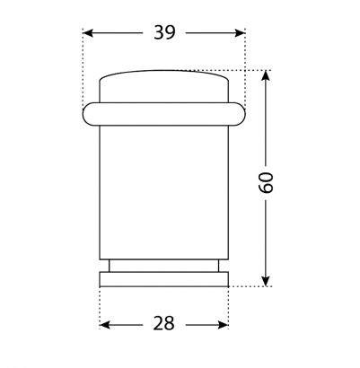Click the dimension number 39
pos(164,32)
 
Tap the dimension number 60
pos(266,182)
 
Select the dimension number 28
pos(163,323)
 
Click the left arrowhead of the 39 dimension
pos(88,33)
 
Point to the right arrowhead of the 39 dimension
pos(240,33)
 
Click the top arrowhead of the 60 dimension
pos(266,75)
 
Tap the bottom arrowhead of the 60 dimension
pos(266,281)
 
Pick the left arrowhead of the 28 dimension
pos(105,325)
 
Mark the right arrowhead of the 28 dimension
pos(223,325)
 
